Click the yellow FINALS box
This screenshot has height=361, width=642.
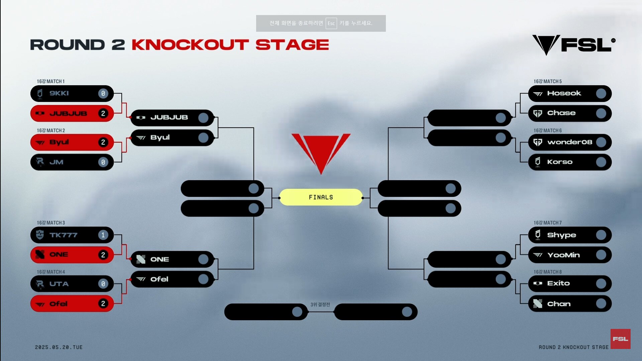click(x=321, y=197)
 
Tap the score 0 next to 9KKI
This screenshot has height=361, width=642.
click(x=103, y=94)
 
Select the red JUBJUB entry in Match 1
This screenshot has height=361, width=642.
click(x=72, y=114)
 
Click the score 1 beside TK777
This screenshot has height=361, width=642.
click(x=103, y=235)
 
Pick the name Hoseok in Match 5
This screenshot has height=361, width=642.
click(x=564, y=93)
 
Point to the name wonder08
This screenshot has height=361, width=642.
click(x=570, y=142)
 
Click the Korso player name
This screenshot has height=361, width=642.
click(x=560, y=162)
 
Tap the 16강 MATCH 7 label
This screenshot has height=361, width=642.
click(x=548, y=223)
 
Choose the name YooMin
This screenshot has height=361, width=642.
click(x=563, y=255)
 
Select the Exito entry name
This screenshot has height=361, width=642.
click(x=558, y=283)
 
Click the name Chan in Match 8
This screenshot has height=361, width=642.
click(x=559, y=304)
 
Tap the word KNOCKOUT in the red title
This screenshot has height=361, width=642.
click(x=190, y=45)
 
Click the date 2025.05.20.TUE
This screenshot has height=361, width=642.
click(x=59, y=347)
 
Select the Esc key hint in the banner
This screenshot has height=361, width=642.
click(x=331, y=23)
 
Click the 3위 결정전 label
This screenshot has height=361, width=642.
click(x=320, y=305)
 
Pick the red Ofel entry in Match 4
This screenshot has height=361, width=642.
click(x=72, y=304)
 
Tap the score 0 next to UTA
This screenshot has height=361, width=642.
click(x=103, y=284)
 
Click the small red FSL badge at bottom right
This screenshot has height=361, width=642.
click(x=620, y=339)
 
